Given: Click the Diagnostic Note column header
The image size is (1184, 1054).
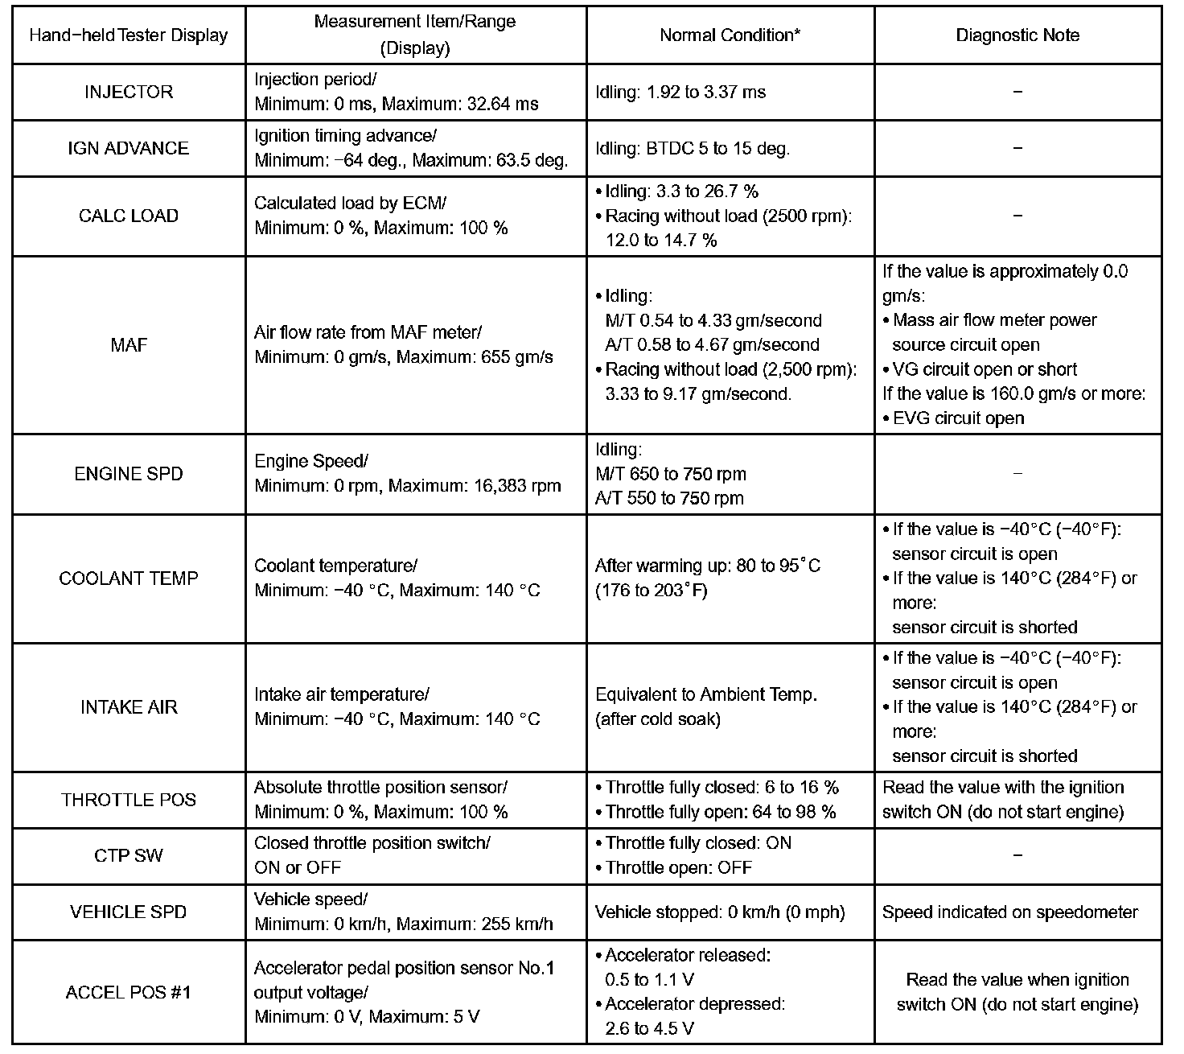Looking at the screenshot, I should coord(1017,35).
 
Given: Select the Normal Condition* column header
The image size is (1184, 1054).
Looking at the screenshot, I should coord(730,35).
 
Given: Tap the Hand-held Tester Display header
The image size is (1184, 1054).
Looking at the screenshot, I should coord(129,35).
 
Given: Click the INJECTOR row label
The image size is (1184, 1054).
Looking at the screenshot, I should coord(129,92).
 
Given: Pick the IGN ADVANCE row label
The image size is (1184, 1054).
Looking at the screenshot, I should coord(129,148).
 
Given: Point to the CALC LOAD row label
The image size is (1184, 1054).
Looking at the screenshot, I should coord(129,216).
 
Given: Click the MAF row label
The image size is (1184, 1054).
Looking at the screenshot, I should coord(129,345).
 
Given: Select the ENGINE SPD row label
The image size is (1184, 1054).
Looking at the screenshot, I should coord(129,474).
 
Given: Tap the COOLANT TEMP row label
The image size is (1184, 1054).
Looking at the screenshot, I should coord(129,578).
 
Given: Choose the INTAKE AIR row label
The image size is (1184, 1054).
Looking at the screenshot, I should coord(129,707).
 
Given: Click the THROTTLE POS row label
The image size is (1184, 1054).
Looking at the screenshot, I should coord(129,800).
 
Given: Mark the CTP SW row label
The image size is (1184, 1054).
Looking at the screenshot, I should coord(129,855).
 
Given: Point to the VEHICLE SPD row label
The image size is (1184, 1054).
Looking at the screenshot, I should coord(129,912).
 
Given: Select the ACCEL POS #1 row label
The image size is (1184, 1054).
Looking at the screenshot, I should coord(129,992).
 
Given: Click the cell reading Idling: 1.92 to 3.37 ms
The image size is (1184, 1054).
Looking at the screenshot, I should coord(680,93).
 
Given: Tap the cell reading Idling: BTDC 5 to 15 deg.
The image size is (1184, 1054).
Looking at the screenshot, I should coord(693,149).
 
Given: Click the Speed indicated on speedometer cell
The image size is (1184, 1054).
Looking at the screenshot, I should coord(1010,912).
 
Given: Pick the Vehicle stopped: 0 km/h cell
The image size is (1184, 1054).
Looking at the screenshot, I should coord(720,912).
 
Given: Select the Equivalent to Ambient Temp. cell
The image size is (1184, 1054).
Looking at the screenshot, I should coord(706,695).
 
